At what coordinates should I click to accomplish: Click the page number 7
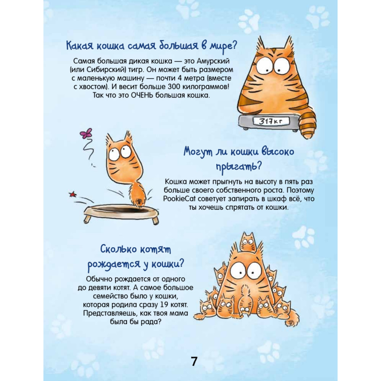(x=194, y=361)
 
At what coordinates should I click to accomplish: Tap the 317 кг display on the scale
(x=271, y=121)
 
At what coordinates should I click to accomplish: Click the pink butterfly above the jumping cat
(x=86, y=133)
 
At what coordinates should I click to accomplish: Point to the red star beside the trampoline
(x=72, y=194)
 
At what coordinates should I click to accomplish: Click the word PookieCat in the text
(x=179, y=199)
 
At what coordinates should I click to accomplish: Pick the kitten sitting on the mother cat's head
(x=248, y=242)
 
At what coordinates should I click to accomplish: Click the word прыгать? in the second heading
(x=239, y=167)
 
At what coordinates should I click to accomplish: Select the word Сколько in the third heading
(x=117, y=250)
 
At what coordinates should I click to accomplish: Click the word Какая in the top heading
(x=80, y=46)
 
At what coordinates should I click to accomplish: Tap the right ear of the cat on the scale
(x=288, y=45)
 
